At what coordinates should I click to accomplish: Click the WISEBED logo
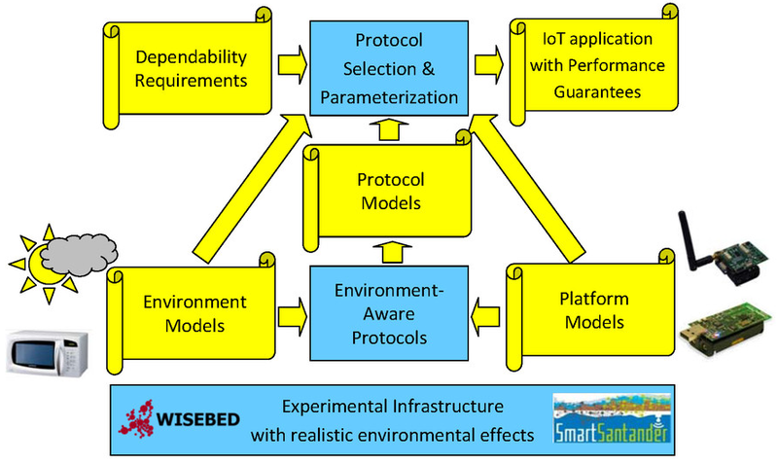[x=179, y=419]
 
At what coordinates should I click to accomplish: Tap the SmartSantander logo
[x=612, y=418]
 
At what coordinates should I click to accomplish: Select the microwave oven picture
[x=47, y=352]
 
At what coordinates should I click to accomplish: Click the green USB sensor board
[x=725, y=329]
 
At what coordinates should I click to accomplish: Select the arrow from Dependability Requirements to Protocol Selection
[x=293, y=65]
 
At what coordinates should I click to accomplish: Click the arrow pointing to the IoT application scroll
[x=489, y=65]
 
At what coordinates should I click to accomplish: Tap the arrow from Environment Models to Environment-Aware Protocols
[x=293, y=317]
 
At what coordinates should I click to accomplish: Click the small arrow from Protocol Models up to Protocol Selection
[x=389, y=129]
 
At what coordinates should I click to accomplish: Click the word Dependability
[x=191, y=57]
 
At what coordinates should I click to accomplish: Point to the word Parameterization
[x=389, y=98]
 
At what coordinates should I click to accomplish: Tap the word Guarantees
[x=597, y=91]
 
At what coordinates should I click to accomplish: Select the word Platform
[x=594, y=300]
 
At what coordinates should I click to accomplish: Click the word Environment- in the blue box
[x=389, y=290]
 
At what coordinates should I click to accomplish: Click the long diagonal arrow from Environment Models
[x=252, y=187]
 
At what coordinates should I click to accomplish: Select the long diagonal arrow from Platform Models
[x=527, y=188]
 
